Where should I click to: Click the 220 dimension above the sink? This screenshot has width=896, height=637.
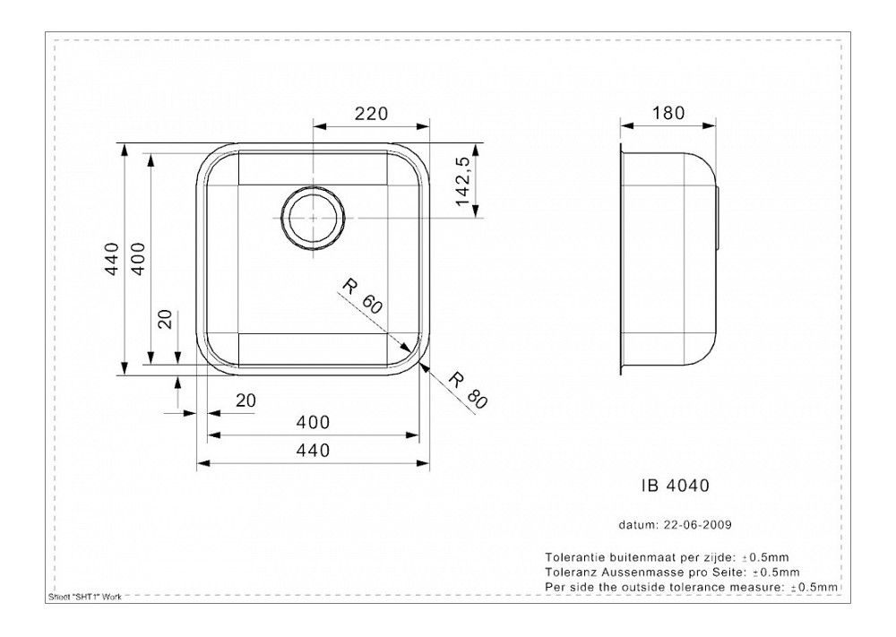click(370, 114)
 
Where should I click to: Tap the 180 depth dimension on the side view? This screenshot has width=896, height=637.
click(668, 114)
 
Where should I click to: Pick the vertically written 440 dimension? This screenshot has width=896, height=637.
click(112, 260)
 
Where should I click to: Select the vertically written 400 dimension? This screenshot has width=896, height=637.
click(138, 260)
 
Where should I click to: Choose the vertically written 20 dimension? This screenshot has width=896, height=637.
click(166, 320)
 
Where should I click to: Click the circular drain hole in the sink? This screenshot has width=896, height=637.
click(312, 218)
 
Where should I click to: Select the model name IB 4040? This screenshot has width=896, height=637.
click(676, 486)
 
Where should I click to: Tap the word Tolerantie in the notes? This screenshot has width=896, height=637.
click(573, 556)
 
